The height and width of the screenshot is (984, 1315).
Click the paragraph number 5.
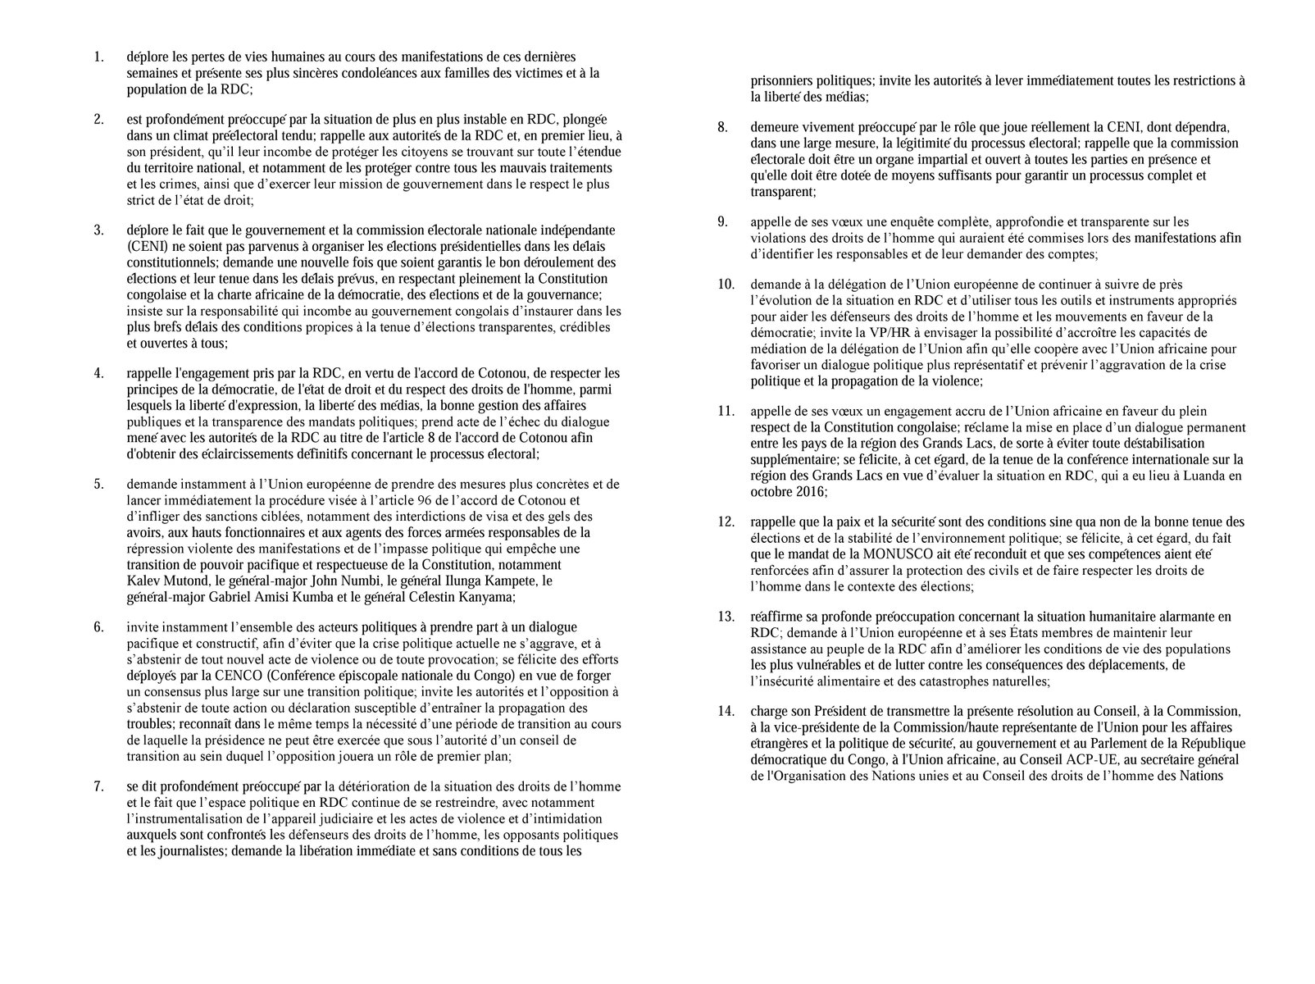pyautogui.click(x=98, y=484)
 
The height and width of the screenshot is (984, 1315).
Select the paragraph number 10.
pyautogui.click(x=726, y=285)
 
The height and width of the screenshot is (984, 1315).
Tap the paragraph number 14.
pyautogui.click(x=726, y=711)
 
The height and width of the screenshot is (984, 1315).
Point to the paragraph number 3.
pyautogui.click(x=98, y=230)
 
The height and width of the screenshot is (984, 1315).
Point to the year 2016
pyautogui.click(x=809, y=492)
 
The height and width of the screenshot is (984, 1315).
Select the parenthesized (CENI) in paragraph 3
pyautogui.click(x=145, y=246)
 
